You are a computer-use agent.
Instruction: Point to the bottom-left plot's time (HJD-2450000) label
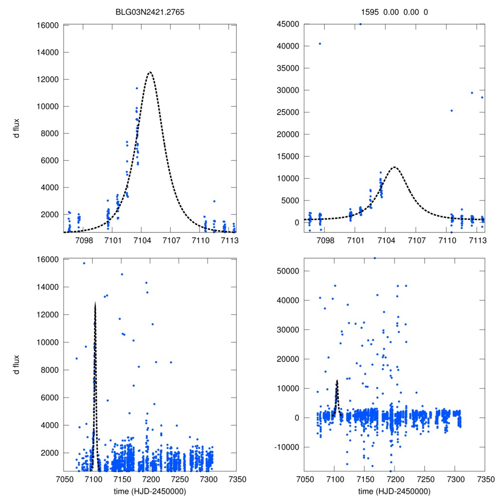(150, 491)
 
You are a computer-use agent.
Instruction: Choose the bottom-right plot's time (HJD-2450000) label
(394, 491)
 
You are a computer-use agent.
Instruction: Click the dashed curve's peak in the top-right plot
(394, 167)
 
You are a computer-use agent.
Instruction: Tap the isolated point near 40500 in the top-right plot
(319, 44)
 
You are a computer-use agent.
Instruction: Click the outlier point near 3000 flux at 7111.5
(214, 201)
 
